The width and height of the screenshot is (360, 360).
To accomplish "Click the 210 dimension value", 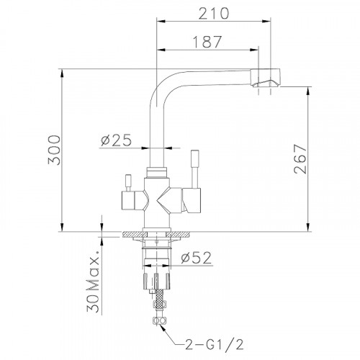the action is click(x=214, y=14).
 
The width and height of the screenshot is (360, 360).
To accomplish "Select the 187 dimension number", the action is click(x=207, y=42).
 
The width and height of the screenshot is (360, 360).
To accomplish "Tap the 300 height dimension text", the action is click(x=54, y=150).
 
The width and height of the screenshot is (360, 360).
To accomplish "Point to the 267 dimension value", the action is click(x=300, y=158).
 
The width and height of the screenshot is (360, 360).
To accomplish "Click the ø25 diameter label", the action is click(x=117, y=140).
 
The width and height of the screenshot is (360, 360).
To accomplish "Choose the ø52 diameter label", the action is click(x=197, y=258).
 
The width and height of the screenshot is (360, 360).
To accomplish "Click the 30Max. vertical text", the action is click(x=93, y=282).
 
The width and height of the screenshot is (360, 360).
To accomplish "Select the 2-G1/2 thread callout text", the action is click(x=214, y=345).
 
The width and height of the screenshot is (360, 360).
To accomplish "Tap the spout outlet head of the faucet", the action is click(x=265, y=78).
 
